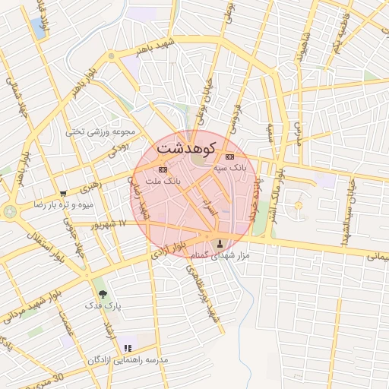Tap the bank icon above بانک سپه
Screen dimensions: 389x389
click(229, 157)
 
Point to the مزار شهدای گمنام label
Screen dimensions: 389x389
click(220, 257)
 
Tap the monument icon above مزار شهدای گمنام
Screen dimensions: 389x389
click(221, 244)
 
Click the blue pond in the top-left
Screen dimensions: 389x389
click(38, 27)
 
